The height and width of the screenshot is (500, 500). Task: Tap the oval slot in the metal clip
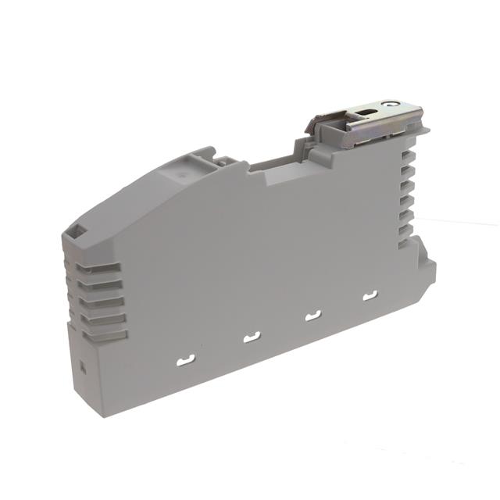pos(366,115)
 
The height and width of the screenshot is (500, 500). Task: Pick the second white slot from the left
pos(252,337)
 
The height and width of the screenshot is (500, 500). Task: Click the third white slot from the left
pos(313,316)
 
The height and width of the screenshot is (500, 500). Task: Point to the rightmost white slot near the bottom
pos(370,295)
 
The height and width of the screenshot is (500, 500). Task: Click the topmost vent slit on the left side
pos(98,268)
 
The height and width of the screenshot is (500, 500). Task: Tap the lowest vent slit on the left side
pos(104,334)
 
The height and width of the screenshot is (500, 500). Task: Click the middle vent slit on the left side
pos(102,301)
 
